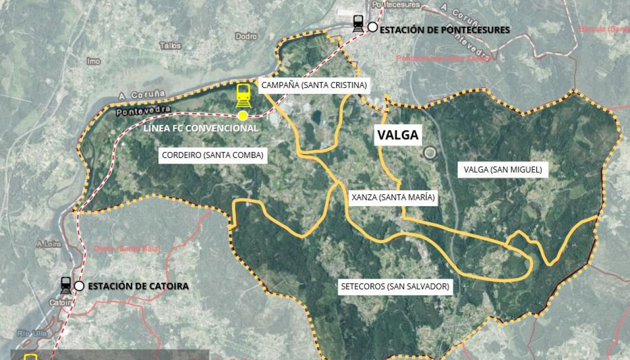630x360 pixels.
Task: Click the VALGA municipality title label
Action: (x=398, y=135)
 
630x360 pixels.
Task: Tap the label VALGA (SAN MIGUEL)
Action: (x=503, y=170)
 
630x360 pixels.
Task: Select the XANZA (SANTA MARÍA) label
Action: (x=393, y=198)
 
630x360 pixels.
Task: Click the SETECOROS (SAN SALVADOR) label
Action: (x=395, y=286)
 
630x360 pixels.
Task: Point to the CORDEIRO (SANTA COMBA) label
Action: (x=213, y=155)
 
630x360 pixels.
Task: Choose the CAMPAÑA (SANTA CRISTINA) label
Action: (x=314, y=85)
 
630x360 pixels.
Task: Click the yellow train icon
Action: (x=243, y=95)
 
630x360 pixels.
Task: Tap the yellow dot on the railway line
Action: (x=243, y=116)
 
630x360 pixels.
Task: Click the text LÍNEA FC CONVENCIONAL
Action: (x=201, y=128)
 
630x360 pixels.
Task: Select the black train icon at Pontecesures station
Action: (x=358, y=24)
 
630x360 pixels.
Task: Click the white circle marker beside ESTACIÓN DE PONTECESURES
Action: (x=373, y=27)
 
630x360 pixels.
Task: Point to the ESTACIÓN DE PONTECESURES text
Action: (x=445, y=30)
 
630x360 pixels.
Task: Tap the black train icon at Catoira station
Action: (x=66, y=285)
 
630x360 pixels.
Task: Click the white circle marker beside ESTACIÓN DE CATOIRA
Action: (x=79, y=286)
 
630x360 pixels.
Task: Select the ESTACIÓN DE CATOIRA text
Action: (x=138, y=286)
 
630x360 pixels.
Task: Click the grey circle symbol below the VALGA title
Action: (x=430, y=153)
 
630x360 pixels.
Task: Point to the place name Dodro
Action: (x=246, y=36)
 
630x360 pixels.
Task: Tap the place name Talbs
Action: (x=170, y=46)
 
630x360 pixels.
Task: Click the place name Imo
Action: (x=94, y=61)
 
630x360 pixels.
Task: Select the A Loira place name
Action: (x=49, y=244)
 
